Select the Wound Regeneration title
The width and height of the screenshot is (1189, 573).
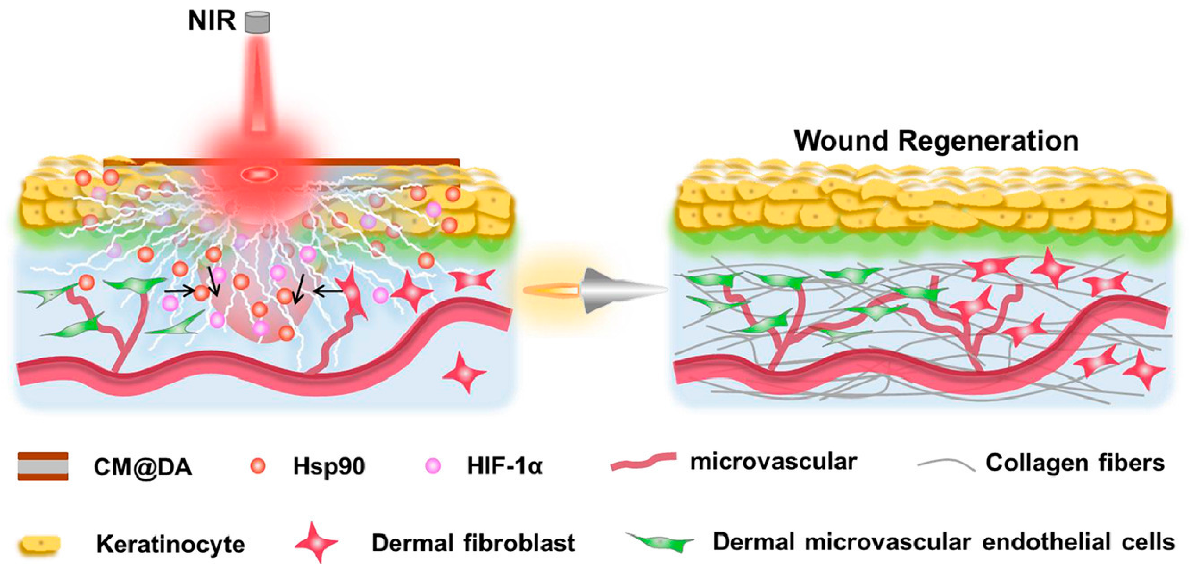tap(936, 141)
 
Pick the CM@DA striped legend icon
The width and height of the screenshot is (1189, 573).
tap(43, 466)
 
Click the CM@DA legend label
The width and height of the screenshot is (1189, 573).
tap(143, 467)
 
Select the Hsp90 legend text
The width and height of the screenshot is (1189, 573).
tap(329, 466)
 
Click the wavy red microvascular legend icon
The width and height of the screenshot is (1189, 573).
tap(643, 461)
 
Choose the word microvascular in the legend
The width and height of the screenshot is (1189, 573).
tap(774, 461)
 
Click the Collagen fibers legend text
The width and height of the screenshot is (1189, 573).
tap(1075, 463)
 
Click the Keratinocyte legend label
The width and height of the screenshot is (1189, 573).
tap(170, 544)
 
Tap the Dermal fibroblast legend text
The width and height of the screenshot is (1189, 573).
tap(473, 543)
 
